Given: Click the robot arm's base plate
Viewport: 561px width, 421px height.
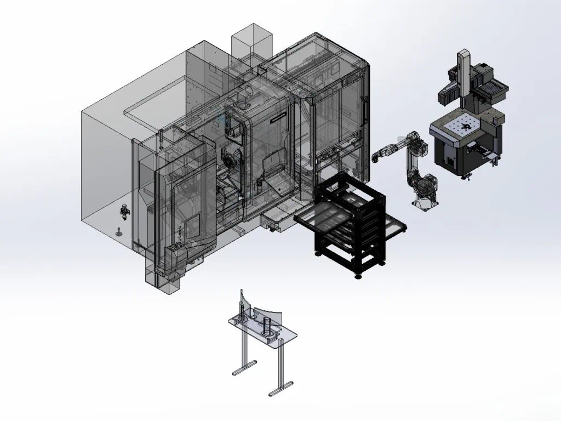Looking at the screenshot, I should (425, 203).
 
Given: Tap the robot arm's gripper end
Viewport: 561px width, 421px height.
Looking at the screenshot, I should (374, 158).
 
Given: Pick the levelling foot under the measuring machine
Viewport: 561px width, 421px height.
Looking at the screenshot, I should (468, 175).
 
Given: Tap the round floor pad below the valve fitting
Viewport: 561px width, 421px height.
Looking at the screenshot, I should (118, 232).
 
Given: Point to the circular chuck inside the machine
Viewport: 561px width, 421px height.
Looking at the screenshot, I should (231, 160).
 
